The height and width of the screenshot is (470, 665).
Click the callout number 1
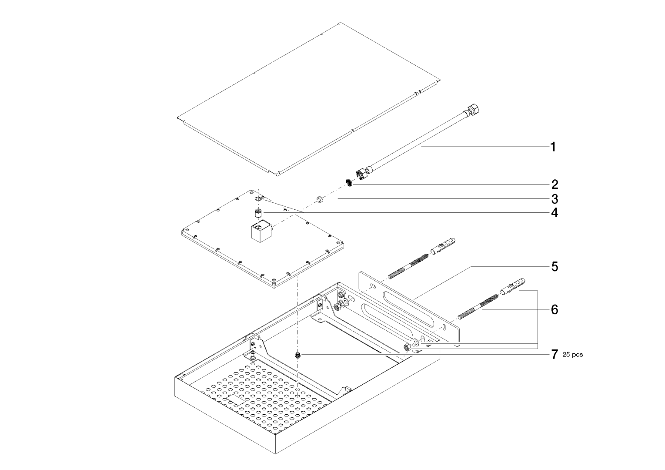tap(553, 147)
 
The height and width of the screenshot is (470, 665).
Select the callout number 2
tap(554, 184)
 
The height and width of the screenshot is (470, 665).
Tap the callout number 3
tap(554, 199)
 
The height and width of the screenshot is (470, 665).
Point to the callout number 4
tap(554, 213)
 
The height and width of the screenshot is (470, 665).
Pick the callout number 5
tap(554, 266)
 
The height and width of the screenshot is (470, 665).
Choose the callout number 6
tap(554, 309)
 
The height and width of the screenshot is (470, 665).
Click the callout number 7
tap(554, 355)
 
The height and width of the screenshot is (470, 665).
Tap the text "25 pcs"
tap(573, 355)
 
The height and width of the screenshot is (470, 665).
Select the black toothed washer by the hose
tap(349, 182)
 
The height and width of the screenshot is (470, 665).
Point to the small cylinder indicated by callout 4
tap(258, 213)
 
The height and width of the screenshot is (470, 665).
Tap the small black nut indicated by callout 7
tap(298, 355)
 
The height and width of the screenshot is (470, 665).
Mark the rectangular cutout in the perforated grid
tap(234, 399)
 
